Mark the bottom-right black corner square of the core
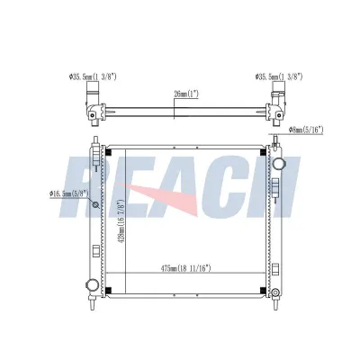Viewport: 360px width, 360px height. (x=262, y=289)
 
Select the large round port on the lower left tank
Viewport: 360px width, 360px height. (x=91, y=286)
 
